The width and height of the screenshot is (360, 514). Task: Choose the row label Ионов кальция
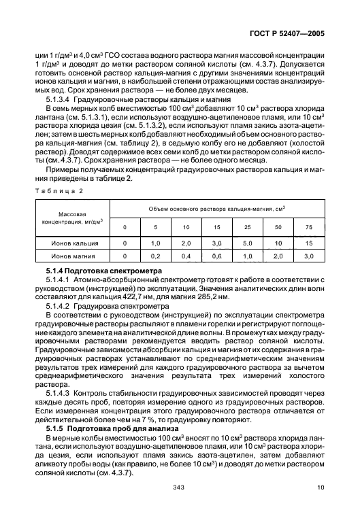point(73,241)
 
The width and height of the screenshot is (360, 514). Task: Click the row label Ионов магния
point(73,256)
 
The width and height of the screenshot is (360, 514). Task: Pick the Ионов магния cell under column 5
point(155,256)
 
